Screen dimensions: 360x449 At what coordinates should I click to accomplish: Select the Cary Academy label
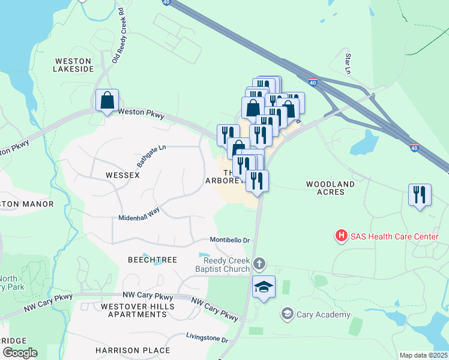(x=324, y=314)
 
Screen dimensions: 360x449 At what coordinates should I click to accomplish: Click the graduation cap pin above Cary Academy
(x=264, y=287)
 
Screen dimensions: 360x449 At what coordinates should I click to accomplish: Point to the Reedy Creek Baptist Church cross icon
(x=259, y=264)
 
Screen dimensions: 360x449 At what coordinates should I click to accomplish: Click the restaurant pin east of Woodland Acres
(x=420, y=194)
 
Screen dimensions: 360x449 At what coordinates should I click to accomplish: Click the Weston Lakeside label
(x=74, y=65)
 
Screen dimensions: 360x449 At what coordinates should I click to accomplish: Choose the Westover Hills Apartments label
(x=137, y=310)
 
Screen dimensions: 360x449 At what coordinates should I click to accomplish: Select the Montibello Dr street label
(x=229, y=240)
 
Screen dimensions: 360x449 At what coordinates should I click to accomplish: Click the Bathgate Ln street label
(x=151, y=155)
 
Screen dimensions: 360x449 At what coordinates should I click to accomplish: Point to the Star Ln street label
(x=348, y=62)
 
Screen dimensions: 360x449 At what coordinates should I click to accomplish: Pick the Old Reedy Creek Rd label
(x=118, y=35)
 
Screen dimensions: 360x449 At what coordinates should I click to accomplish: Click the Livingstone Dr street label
(x=207, y=339)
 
